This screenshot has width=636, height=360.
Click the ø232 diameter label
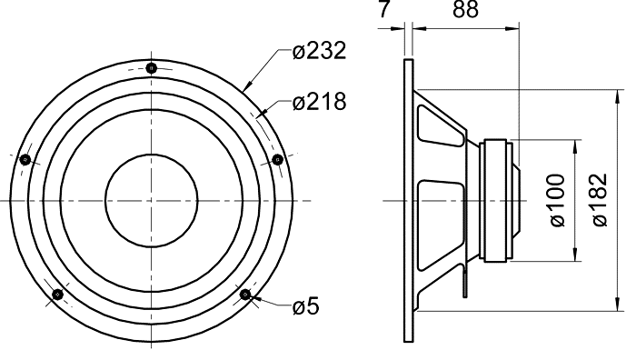319,51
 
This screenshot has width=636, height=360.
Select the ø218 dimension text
319,102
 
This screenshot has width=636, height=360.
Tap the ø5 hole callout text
306,305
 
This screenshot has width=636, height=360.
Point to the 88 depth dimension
465,9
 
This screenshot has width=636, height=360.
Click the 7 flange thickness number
384,9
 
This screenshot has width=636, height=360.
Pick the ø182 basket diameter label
600,200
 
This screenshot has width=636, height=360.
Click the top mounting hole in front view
152,68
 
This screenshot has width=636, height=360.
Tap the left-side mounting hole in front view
25,159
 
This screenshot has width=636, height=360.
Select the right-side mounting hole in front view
277,159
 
